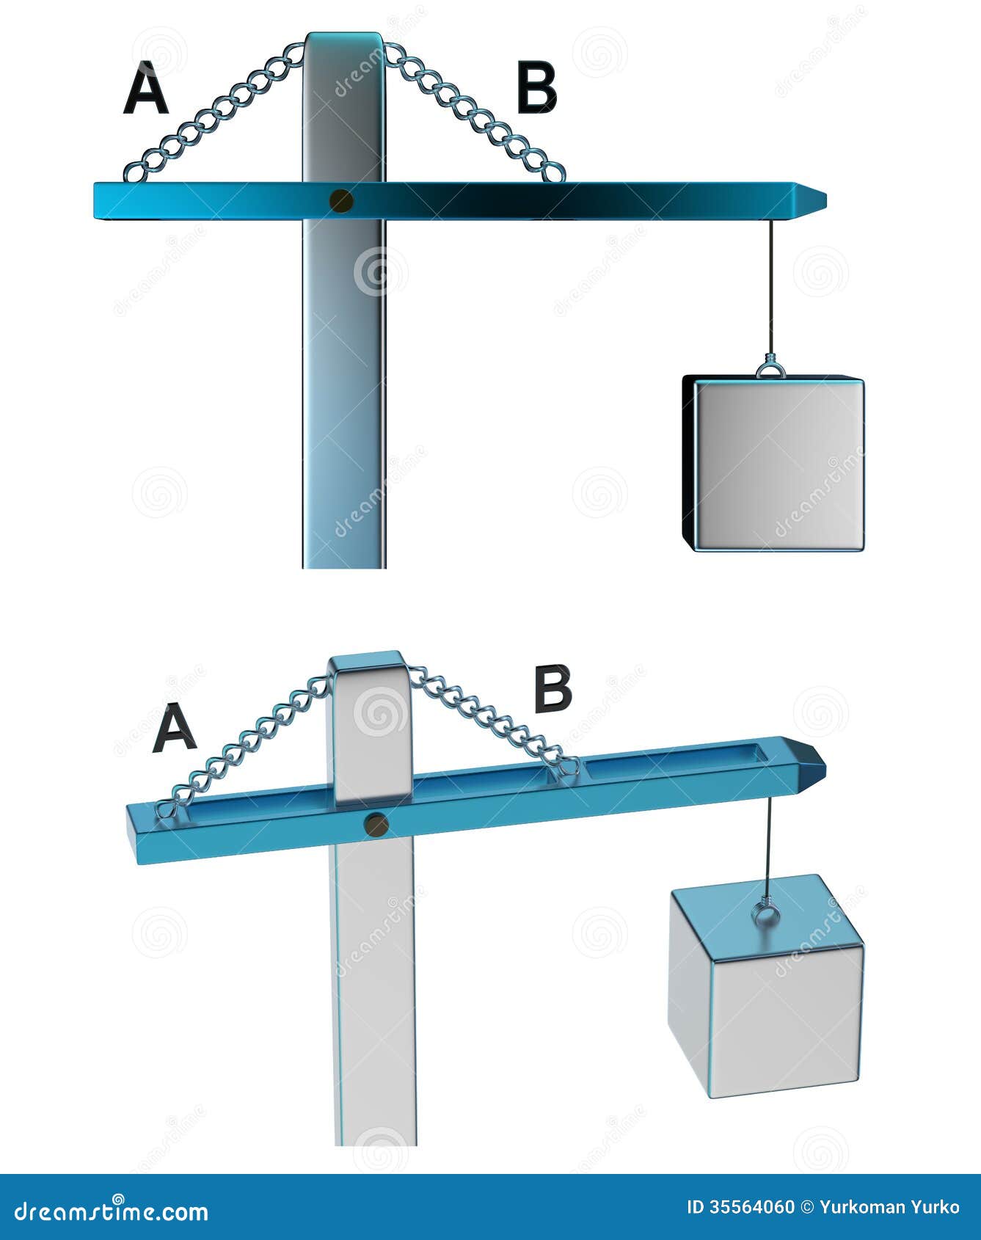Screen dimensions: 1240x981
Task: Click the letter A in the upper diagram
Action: (146, 89)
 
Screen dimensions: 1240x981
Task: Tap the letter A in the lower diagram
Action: (174, 728)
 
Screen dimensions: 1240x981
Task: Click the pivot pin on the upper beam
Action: (340, 200)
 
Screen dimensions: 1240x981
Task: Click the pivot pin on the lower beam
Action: (376, 825)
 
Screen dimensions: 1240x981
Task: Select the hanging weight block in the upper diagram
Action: (775, 464)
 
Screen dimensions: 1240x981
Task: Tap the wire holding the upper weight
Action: (771, 286)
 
